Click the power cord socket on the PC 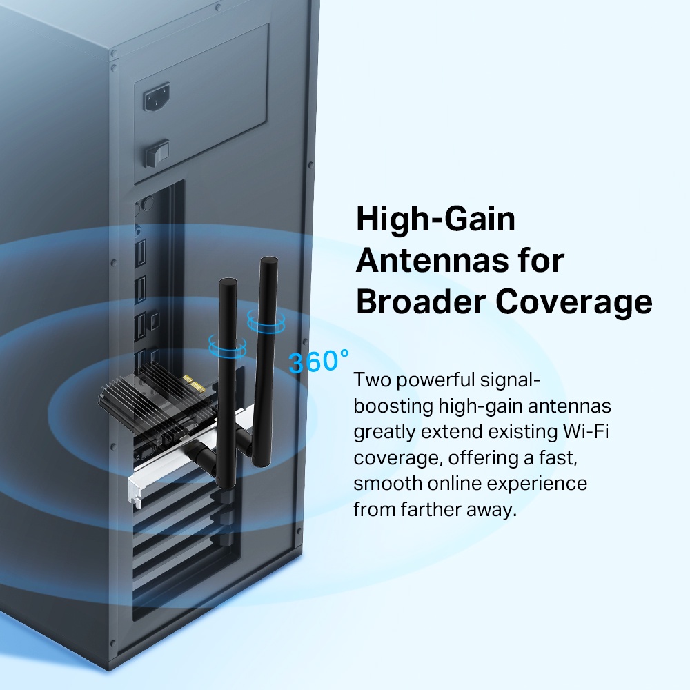coord(157,99)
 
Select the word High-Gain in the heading coord(435,220)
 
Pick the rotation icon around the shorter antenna coord(227,346)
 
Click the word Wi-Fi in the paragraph coord(587,432)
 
